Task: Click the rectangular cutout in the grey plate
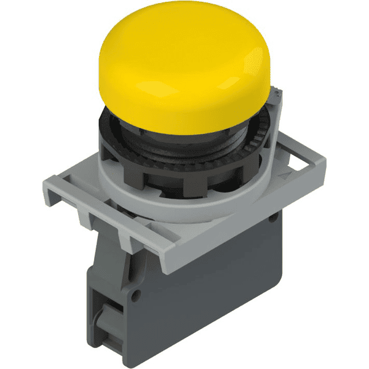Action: click(x=295, y=159)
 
